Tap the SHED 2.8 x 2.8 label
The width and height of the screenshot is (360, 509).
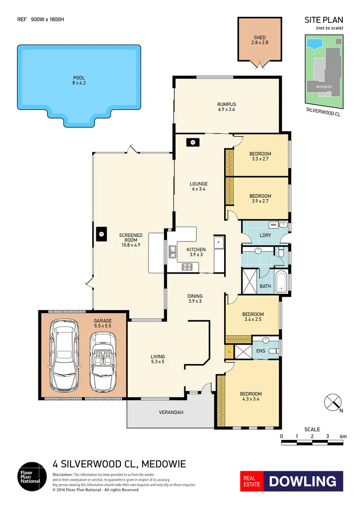click(259, 40)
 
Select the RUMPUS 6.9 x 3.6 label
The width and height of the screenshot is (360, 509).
click(226, 107)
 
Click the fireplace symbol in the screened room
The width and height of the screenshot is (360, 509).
click(101, 234)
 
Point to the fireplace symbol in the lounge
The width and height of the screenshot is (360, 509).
click(192, 142)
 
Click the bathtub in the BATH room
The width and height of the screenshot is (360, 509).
click(281, 283)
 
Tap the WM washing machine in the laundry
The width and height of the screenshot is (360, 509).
click(273, 224)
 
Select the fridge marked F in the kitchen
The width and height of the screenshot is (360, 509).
click(219, 242)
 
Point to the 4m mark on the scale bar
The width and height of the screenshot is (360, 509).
click(342, 436)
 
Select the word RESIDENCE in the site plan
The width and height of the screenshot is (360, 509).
click(324, 87)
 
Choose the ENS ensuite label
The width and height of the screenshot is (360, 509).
click(261, 351)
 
